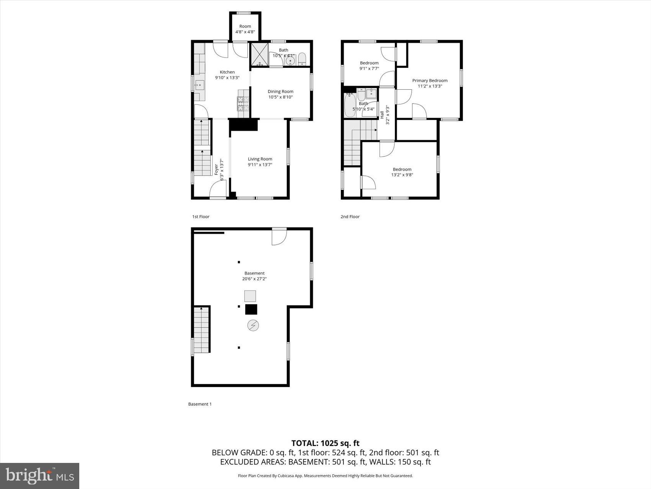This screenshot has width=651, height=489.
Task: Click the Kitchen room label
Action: tap(227, 72)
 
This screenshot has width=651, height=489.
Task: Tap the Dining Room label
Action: tap(280, 91)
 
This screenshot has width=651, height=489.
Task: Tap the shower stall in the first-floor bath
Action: tap(260, 55)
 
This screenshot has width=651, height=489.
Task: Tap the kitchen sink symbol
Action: tap(200, 85)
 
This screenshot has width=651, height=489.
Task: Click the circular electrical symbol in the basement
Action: tap(253, 326)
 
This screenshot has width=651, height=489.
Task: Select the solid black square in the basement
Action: tap(251, 310)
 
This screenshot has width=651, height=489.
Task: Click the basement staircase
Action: tap(201, 330)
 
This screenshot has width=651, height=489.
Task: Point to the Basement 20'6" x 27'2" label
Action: tap(254, 276)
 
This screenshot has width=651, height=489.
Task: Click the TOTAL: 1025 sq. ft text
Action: tap(325, 443)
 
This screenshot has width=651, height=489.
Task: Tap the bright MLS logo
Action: tap(39, 476)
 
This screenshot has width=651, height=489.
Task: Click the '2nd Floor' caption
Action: tap(350, 217)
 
